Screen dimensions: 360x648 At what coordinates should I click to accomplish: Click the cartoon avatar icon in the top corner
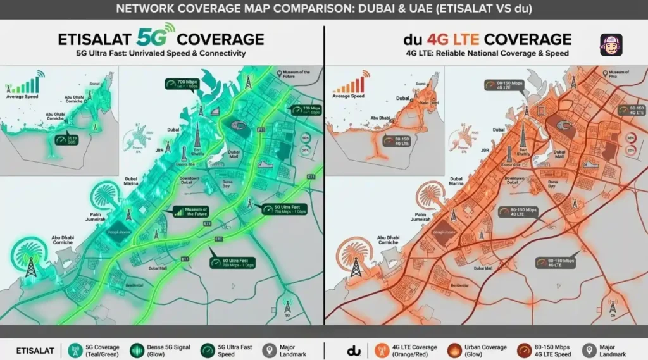pyautogui.click(x=611, y=45)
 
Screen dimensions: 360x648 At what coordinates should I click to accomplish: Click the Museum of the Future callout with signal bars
pyautogui.click(x=190, y=213)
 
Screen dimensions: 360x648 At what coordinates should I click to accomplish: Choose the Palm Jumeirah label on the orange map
pyautogui.click(x=421, y=218)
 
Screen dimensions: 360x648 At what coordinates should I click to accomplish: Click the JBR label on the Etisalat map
pyautogui.click(x=160, y=151)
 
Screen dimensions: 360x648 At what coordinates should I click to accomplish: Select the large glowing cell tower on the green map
pyautogui.click(x=30, y=264)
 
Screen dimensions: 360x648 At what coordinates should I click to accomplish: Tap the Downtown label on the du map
pyautogui.click(x=514, y=182)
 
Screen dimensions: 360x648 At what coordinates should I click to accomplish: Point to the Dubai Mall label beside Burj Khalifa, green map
pyautogui.click(x=234, y=155)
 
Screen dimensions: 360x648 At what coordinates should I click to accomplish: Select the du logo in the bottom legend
pyautogui.click(x=354, y=349)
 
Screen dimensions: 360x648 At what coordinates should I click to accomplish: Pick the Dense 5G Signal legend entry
pyautogui.click(x=158, y=349)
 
